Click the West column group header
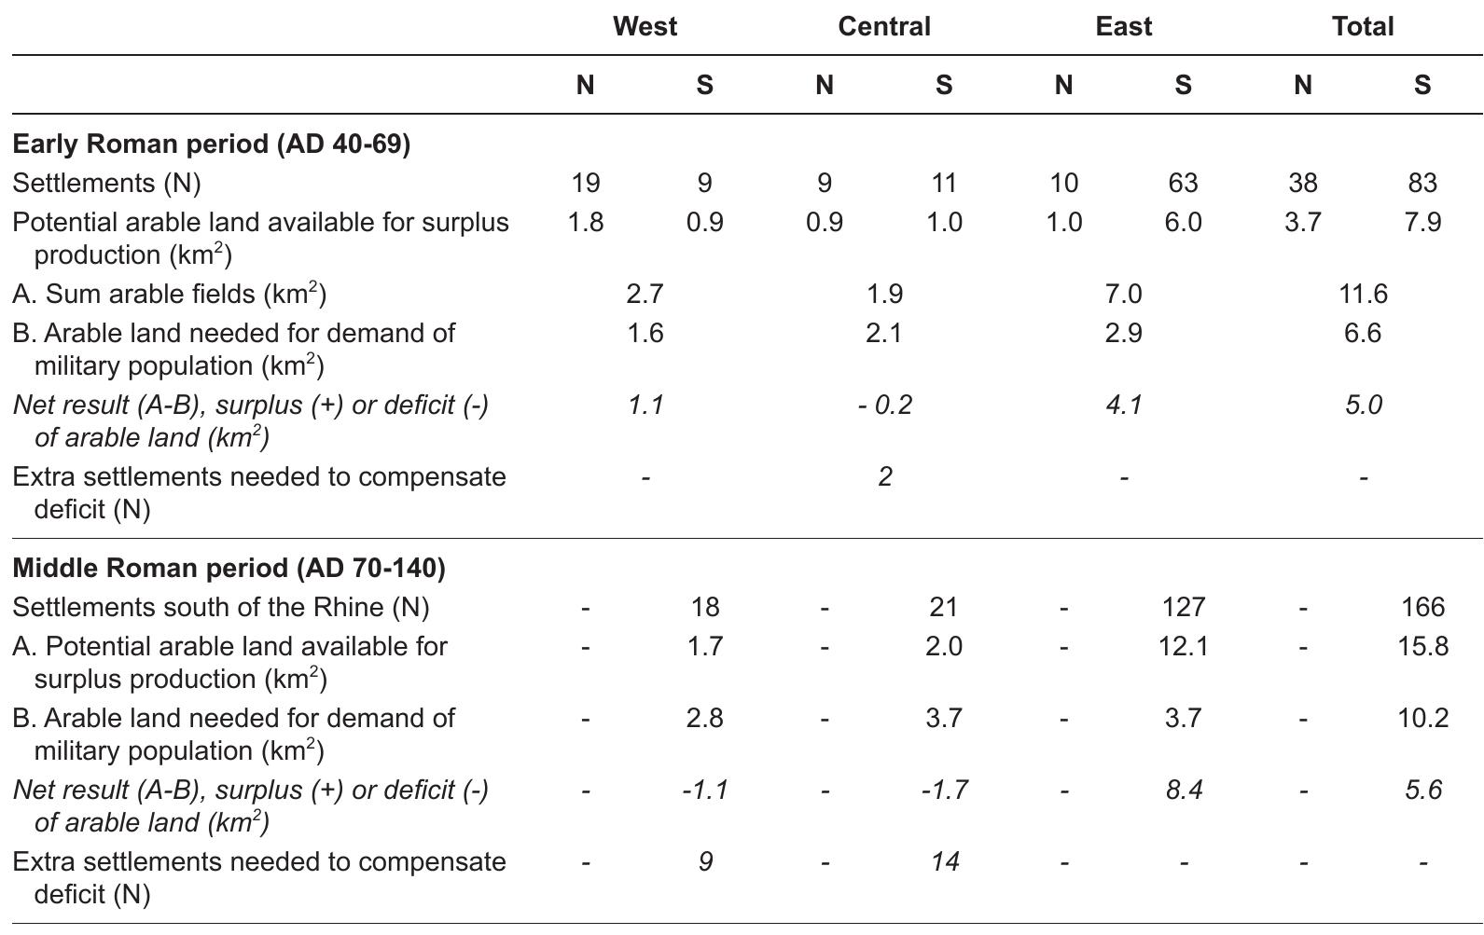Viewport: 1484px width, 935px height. click(645, 26)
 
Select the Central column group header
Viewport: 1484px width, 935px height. click(883, 26)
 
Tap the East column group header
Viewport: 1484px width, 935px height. click(1123, 26)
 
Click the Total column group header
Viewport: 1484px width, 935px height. click(1362, 26)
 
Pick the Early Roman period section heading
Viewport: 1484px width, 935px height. click(212, 144)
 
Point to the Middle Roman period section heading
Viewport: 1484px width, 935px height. click(229, 568)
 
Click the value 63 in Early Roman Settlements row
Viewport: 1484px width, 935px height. click(1183, 183)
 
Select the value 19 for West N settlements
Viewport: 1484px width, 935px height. click(585, 183)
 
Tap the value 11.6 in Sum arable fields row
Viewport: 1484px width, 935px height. click(1362, 295)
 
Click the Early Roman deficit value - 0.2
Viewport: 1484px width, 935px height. click(884, 405)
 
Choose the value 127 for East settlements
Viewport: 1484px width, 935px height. click(1183, 607)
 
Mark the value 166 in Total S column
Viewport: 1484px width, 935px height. click(1422, 607)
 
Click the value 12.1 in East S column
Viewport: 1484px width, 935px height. click(1183, 646)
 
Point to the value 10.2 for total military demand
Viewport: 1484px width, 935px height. click(1422, 718)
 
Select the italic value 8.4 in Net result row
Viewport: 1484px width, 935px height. click(1183, 790)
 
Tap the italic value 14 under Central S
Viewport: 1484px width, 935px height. click(944, 861)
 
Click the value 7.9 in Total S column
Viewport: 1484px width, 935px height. click(1422, 223)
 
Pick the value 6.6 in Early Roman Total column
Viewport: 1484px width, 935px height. click(1362, 333)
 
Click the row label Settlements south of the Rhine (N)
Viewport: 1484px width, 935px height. click(221, 607)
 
